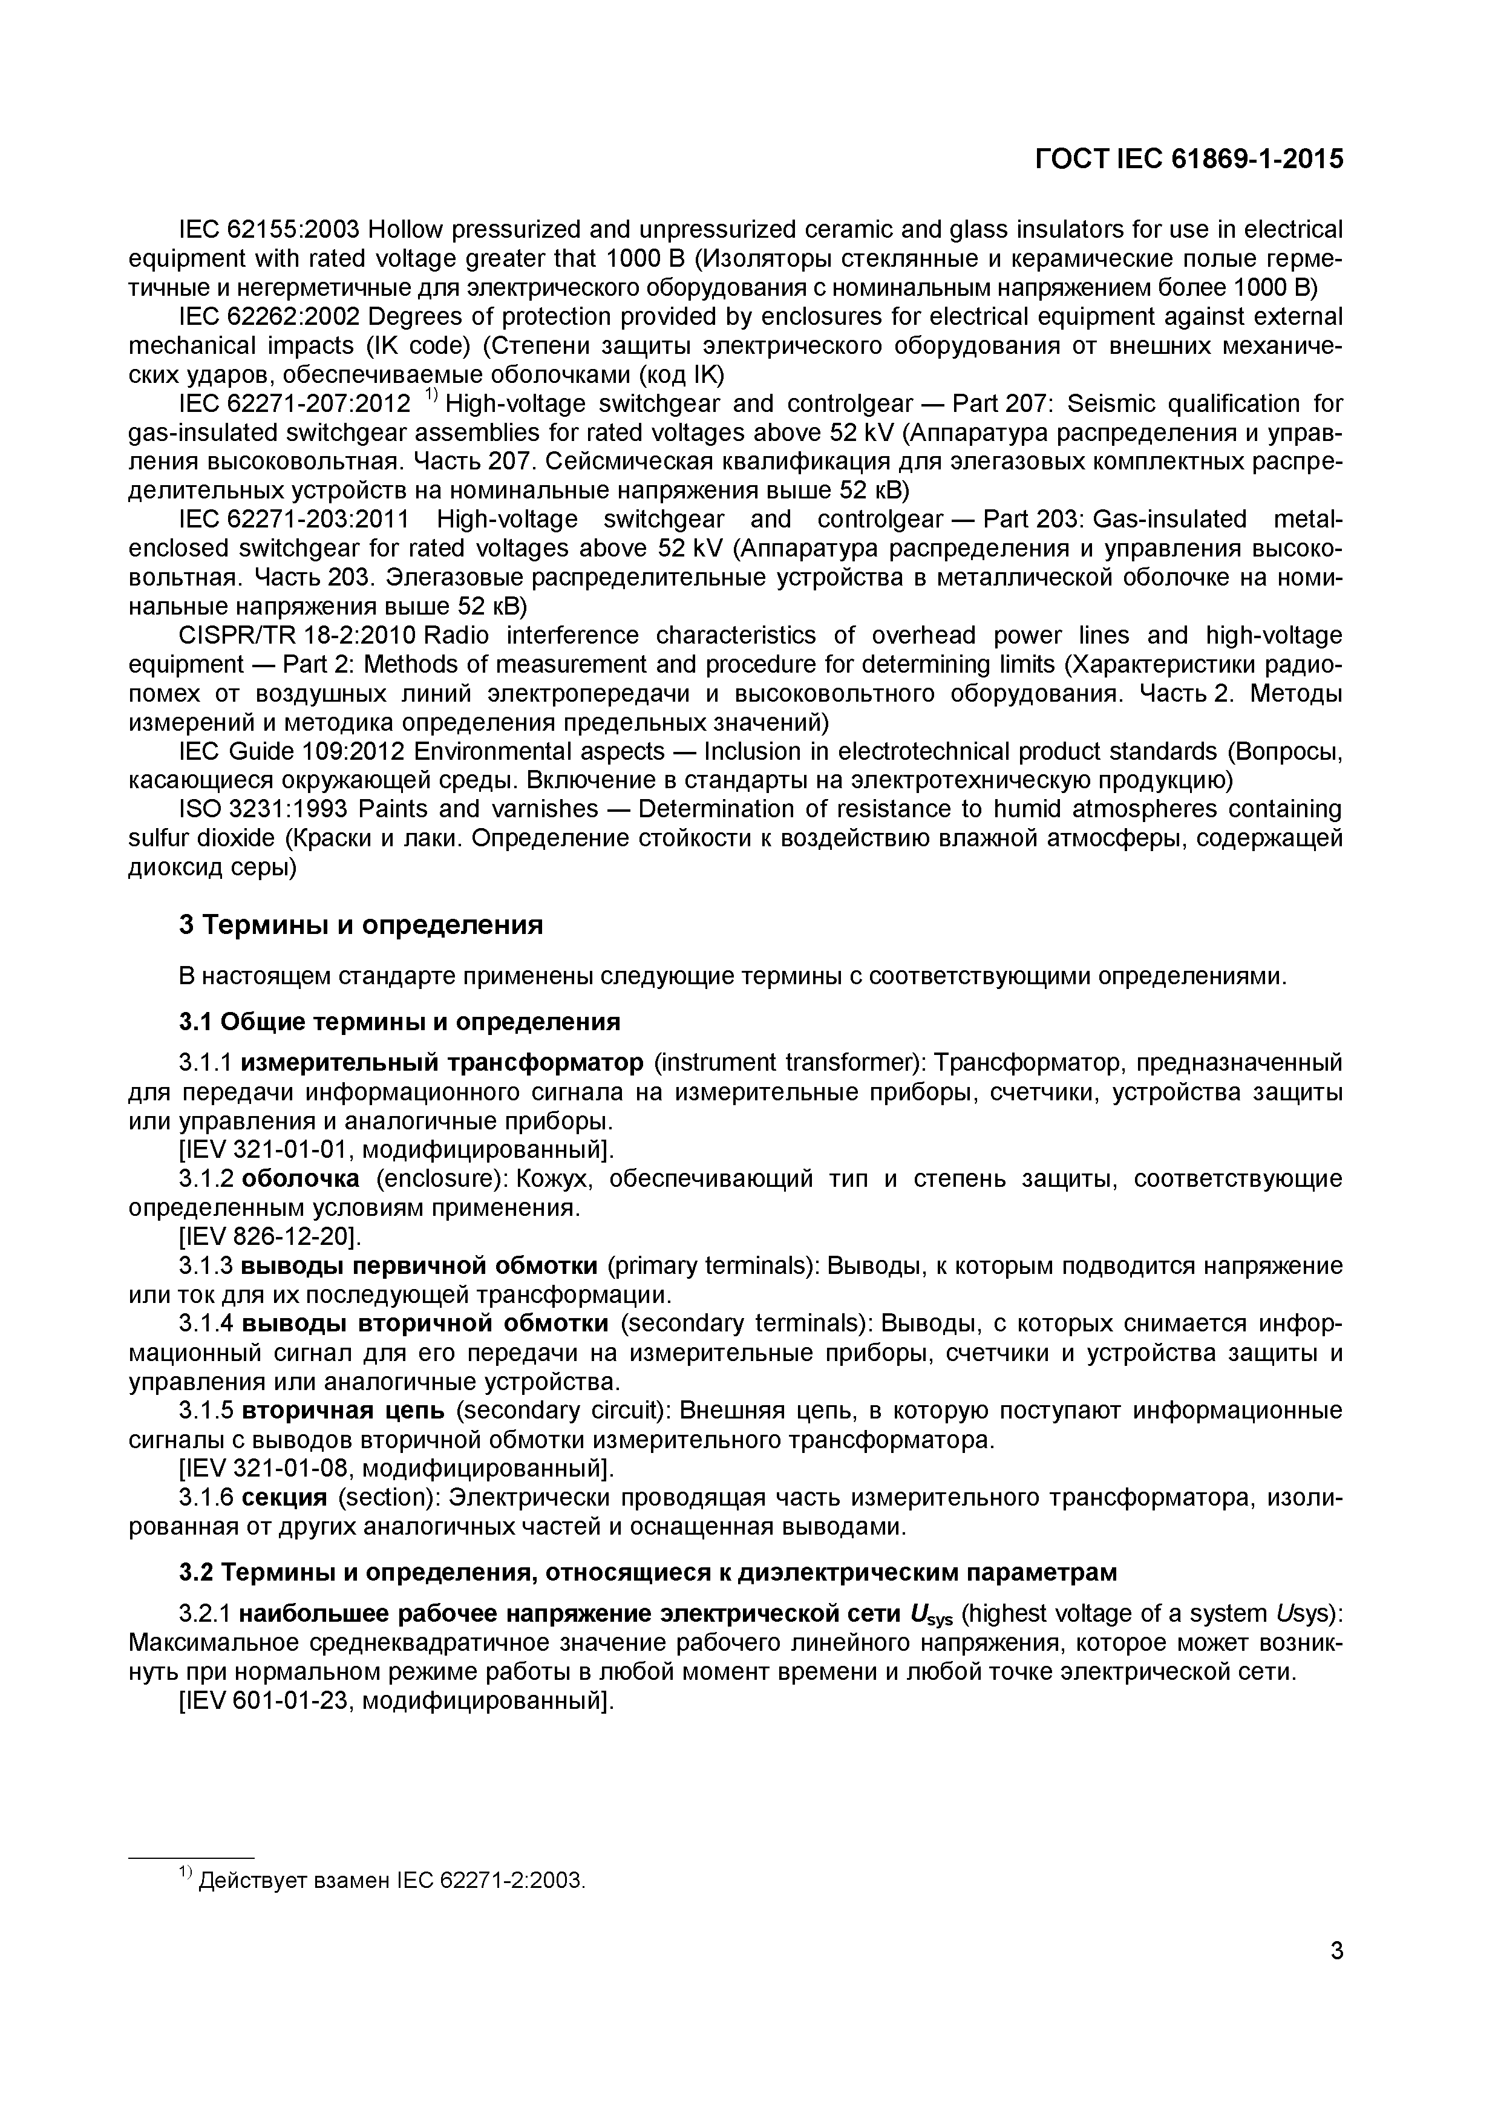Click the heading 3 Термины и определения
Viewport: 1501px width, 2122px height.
[361, 924]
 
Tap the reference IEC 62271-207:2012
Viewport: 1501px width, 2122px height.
[294, 404]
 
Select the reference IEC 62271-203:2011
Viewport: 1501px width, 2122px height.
[294, 520]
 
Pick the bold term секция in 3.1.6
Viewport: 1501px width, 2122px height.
[291, 1497]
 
